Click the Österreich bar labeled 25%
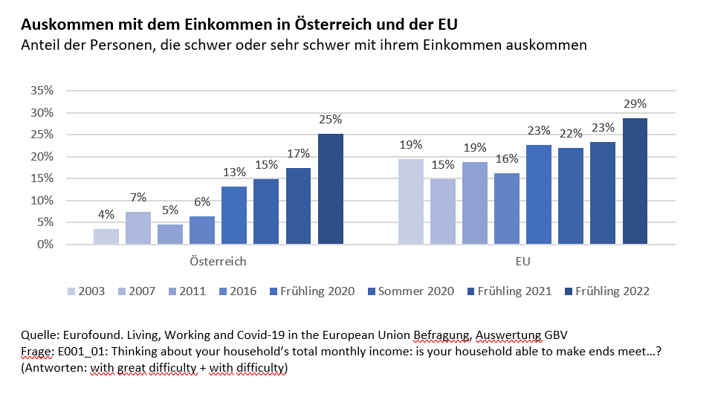point(331,189)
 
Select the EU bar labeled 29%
point(635,181)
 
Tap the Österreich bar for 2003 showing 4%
point(106,236)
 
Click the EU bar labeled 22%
point(571,196)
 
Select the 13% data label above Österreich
point(235,172)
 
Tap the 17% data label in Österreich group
point(299,154)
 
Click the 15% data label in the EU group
point(443,164)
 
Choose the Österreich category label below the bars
point(219,262)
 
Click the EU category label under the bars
point(522,262)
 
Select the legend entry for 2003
point(86,291)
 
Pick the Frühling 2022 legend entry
point(606,291)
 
